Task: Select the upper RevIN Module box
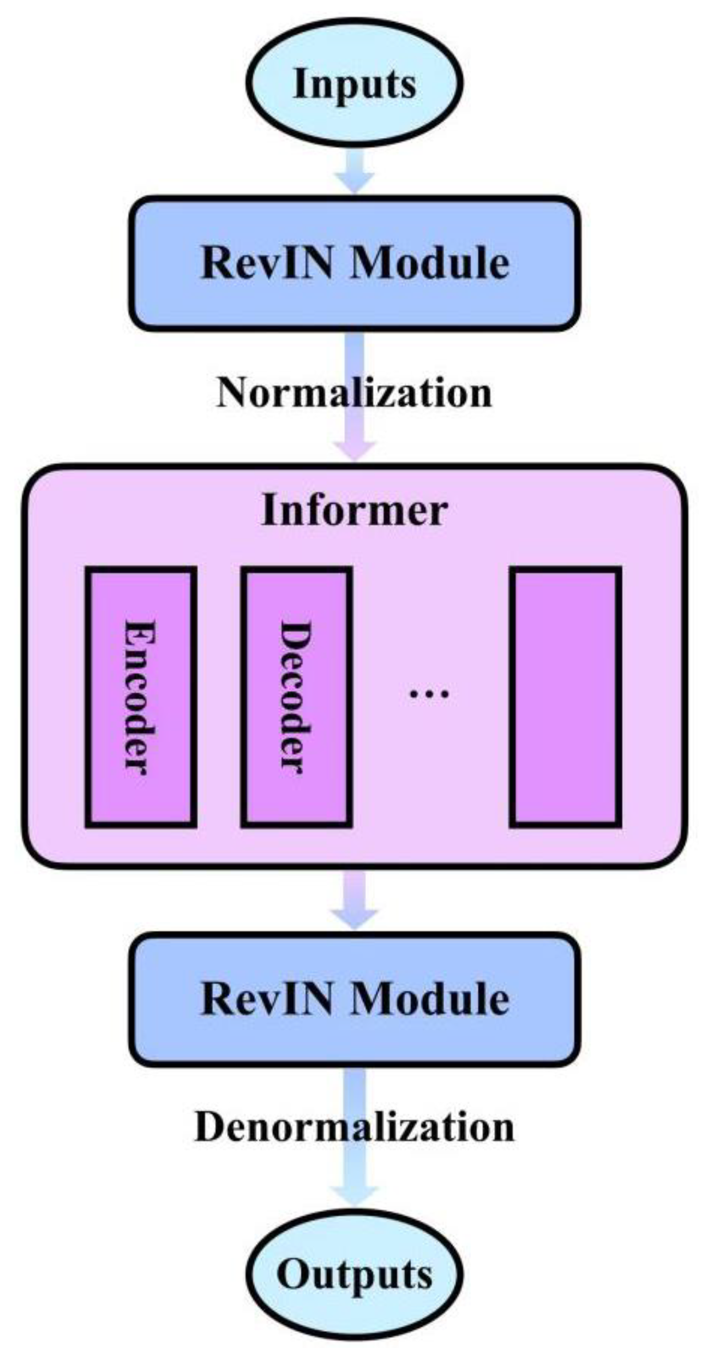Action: [x=354, y=263]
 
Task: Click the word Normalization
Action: [x=354, y=393]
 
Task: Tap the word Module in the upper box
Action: [x=429, y=263]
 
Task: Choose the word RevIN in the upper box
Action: [x=267, y=263]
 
